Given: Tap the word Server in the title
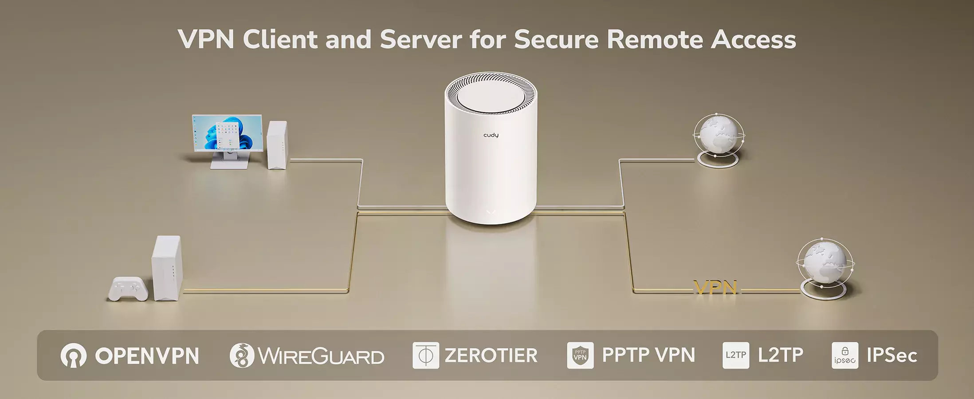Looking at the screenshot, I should point(421,39).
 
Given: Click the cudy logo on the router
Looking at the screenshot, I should point(491,135).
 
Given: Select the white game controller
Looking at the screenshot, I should point(128,289).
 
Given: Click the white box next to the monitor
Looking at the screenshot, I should point(277,145).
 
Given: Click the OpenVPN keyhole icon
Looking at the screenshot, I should point(73,356).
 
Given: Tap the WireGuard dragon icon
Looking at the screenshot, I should point(242,356).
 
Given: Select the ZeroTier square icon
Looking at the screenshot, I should point(426,355).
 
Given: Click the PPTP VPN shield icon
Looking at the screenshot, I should point(580,355).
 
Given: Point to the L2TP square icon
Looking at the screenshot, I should point(736,355).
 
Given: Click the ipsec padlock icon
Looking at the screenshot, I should point(844,355).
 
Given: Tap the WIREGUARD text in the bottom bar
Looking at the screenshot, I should point(321,356).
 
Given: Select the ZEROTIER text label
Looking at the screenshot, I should point(491,356).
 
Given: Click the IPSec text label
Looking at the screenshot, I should point(892,356).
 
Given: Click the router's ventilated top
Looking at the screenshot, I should point(491,94).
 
